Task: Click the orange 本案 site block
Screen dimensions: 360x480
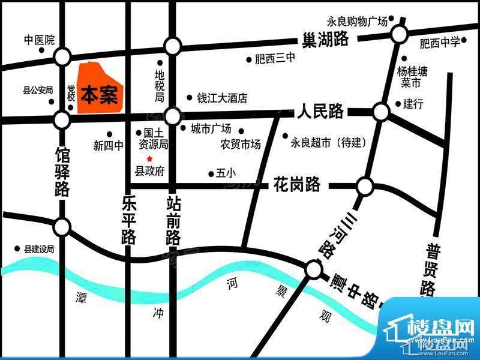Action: (98, 89)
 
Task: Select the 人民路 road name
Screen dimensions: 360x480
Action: (320, 111)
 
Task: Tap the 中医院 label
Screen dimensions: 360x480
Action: (39, 40)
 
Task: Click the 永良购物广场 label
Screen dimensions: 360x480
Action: (357, 22)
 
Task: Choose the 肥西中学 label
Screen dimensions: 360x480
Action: (440, 43)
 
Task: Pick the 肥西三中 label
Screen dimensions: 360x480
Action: (275, 59)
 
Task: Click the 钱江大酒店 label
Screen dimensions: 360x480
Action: (223, 98)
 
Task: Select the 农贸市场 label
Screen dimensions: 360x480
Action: (240, 145)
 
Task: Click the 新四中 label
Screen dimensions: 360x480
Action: (109, 145)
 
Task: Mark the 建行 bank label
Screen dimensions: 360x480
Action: (413, 104)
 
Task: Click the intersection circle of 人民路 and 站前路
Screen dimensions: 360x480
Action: (173, 116)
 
